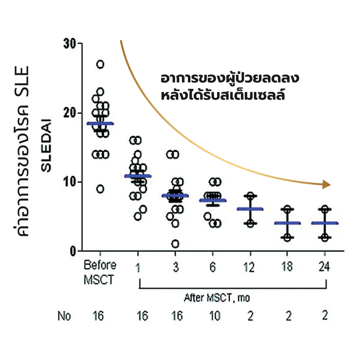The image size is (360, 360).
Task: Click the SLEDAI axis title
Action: click(x=46, y=145)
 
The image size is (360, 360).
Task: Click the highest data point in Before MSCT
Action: click(x=100, y=64)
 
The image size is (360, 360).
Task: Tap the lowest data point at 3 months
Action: click(x=175, y=244)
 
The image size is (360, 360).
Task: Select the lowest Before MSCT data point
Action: click(x=100, y=189)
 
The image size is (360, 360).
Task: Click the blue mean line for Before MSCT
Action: click(x=100, y=124)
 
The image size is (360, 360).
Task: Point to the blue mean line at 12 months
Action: click(x=250, y=209)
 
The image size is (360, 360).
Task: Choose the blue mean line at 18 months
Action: click(x=287, y=223)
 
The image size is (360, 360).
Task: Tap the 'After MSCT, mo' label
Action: click(x=217, y=298)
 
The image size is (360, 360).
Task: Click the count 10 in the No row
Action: click(x=215, y=316)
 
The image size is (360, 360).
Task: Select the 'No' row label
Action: click(x=64, y=316)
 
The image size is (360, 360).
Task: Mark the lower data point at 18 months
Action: click(x=287, y=238)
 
